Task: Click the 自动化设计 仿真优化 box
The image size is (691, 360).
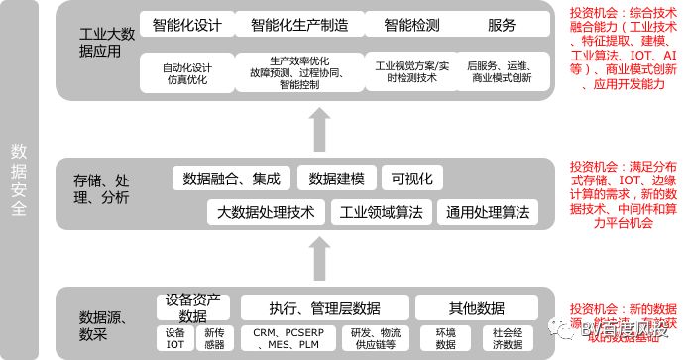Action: (x=188, y=70)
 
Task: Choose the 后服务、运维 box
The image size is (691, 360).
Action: (x=502, y=70)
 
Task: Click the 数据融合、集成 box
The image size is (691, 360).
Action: (x=232, y=179)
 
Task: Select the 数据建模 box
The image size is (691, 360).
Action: (x=336, y=179)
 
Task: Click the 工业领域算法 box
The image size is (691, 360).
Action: (x=381, y=212)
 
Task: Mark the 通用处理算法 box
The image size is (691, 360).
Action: (x=488, y=212)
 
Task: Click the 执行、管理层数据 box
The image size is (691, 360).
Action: (x=324, y=307)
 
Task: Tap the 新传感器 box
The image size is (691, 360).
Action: (x=214, y=338)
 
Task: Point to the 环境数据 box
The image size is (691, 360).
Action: (x=446, y=338)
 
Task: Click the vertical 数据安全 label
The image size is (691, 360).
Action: (x=20, y=179)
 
